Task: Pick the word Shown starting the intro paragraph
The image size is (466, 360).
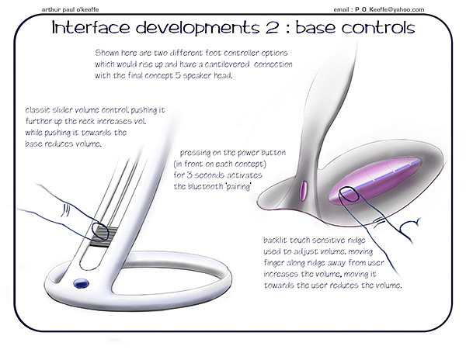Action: (x=104, y=53)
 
